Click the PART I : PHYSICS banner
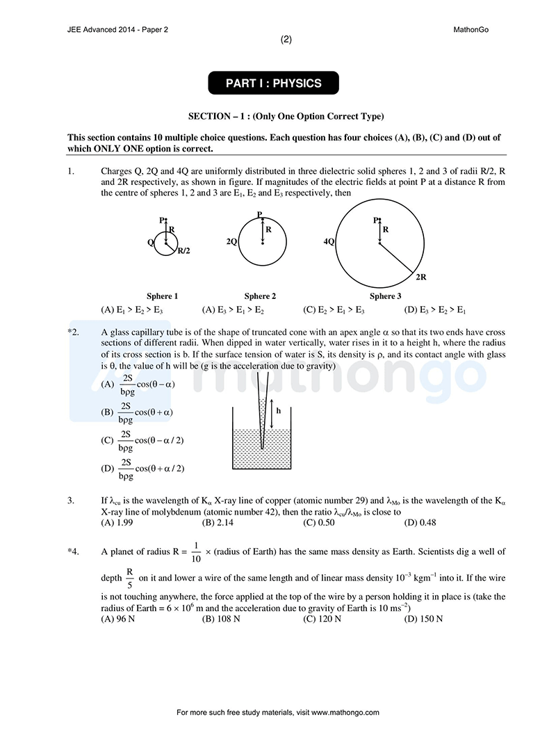tap(273, 83)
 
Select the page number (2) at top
tap(286, 40)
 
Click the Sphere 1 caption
tap(162, 296)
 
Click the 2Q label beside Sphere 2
tap(231, 241)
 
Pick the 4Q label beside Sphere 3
tap(329, 241)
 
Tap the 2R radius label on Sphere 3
tap(420, 277)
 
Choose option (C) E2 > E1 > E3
tap(334, 310)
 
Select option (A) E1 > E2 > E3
tap(132, 310)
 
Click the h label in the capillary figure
tap(279, 410)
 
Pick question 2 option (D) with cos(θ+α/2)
tap(143, 468)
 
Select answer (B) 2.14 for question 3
tap(218, 522)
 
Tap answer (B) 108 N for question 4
tap(220, 618)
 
